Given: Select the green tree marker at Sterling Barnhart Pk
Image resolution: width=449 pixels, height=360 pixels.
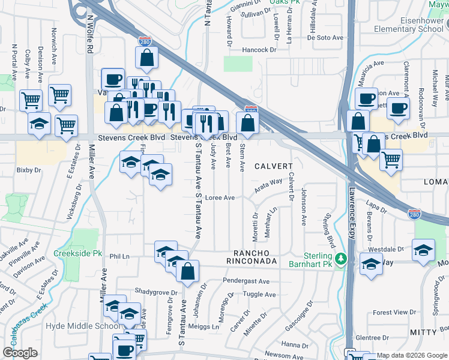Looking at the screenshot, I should pos(342,259).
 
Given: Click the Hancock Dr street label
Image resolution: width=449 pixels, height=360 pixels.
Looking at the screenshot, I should pos(259,50).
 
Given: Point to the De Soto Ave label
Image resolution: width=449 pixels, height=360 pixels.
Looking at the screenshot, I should pos(325,37).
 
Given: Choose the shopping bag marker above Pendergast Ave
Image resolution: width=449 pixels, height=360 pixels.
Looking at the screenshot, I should pos(188,270).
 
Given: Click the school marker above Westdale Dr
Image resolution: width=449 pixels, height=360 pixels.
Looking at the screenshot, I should pos(423,250).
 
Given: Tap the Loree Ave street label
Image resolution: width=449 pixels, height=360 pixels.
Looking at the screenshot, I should pos(219,197).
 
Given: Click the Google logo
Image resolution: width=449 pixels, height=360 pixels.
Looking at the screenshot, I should pos(20,353).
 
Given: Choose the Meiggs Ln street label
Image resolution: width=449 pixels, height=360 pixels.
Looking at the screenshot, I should pos(206,326).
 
